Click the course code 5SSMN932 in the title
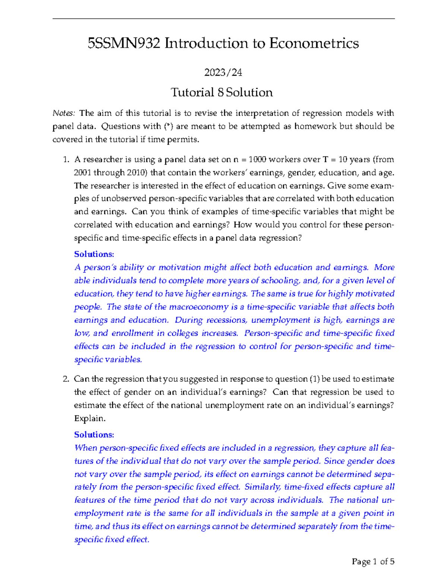pos(124,44)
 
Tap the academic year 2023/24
pos(223,72)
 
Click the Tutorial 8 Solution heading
pos(222,92)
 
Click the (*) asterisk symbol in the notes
pos(168,126)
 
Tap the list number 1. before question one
pos(66,160)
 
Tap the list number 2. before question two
pos(66,379)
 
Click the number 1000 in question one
pos(257,160)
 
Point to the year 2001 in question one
pos(82,173)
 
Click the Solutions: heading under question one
pos(94,254)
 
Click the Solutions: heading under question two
pos(94,435)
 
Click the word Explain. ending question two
pos(90,419)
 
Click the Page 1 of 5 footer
pos(373,562)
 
